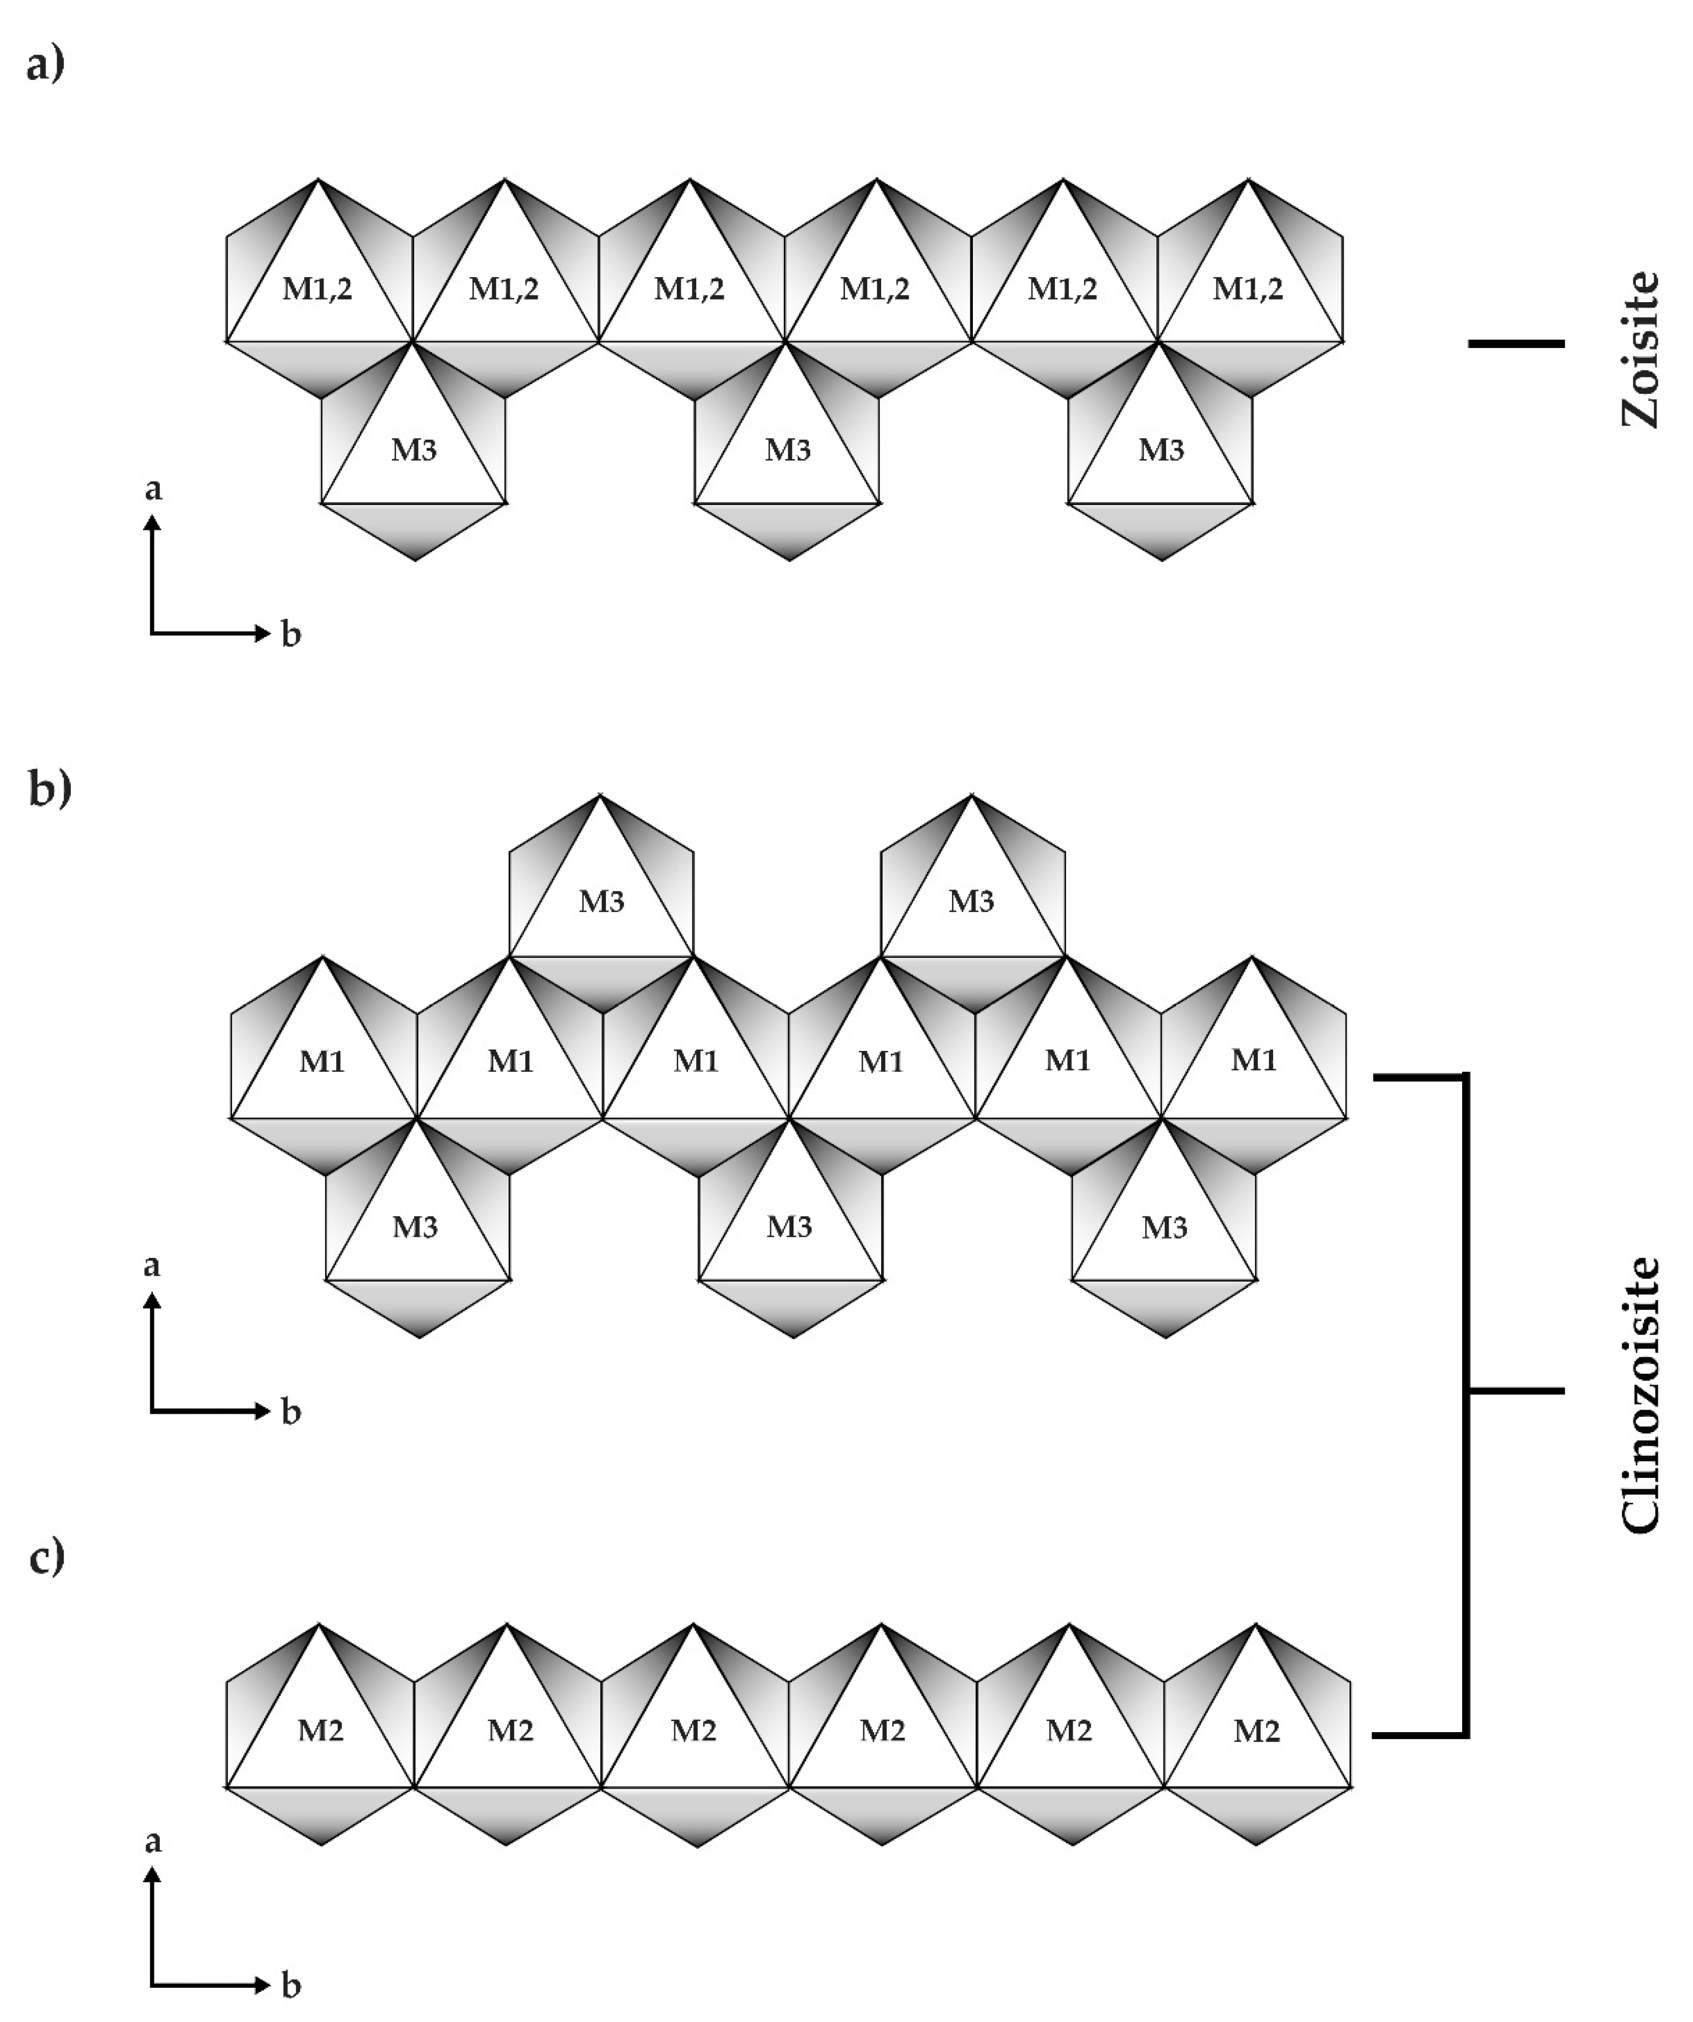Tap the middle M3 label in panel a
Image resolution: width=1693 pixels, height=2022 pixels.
(788, 450)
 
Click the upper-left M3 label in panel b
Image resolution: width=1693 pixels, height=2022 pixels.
(601, 901)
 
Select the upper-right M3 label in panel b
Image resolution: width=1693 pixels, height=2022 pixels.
(971, 901)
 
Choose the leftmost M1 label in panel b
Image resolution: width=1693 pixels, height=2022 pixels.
(322, 1061)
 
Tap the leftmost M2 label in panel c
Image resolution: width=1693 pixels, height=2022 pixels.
(321, 1730)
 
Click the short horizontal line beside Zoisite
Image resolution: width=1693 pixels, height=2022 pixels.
(1516, 343)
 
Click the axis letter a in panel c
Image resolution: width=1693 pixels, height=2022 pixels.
(152, 1841)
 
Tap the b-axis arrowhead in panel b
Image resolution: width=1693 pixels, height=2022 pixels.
(264, 1412)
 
